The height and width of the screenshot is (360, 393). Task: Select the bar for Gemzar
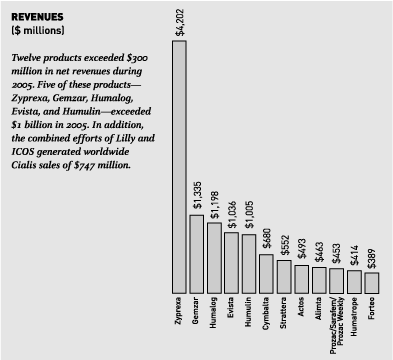pos(197,251)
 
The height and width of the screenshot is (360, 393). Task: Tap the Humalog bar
pos(214,256)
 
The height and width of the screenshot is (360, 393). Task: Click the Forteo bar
pos(371,281)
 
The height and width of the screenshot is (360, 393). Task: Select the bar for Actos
pos(301,278)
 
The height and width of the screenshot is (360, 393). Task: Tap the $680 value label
pos(266,238)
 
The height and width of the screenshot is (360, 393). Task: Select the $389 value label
pos(371,256)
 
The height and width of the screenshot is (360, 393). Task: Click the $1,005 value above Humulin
pos(249,214)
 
